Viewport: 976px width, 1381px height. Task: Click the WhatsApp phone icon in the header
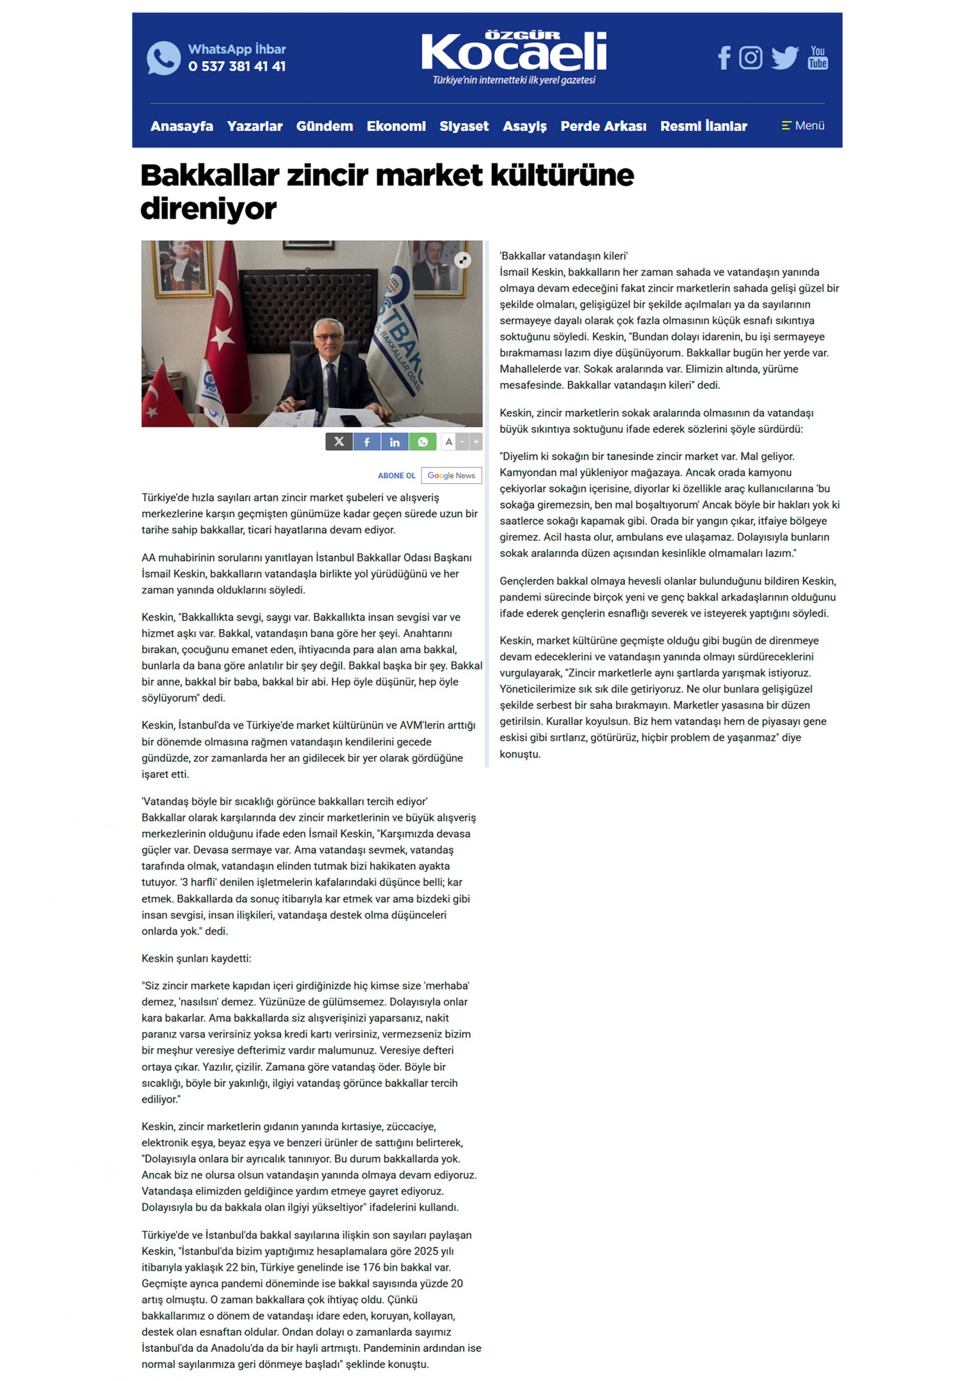tap(163, 58)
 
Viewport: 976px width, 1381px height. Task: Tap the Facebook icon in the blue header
tap(724, 58)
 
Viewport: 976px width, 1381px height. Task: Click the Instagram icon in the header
tap(751, 58)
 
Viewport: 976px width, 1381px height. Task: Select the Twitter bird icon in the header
tap(785, 58)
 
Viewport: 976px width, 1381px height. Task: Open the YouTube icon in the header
tap(818, 58)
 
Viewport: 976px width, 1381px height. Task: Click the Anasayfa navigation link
tap(182, 126)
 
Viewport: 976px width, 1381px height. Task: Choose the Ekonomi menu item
tap(396, 126)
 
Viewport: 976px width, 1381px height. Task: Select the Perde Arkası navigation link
tap(603, 126)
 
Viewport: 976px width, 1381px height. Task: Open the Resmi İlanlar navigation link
tap(704, 126)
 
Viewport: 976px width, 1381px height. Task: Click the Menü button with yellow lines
tap(803, 126)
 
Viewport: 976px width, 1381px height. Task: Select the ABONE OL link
tap(396, 476)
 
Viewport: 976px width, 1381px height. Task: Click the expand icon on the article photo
tap(463, 260)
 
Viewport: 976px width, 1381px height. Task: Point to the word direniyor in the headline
tap(208, 209)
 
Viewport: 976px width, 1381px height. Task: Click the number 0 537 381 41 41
tap(237, 66)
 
